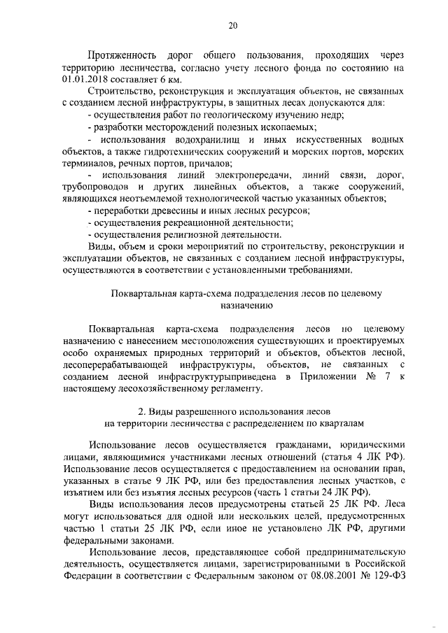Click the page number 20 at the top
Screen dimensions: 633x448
(x=233, y=26)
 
